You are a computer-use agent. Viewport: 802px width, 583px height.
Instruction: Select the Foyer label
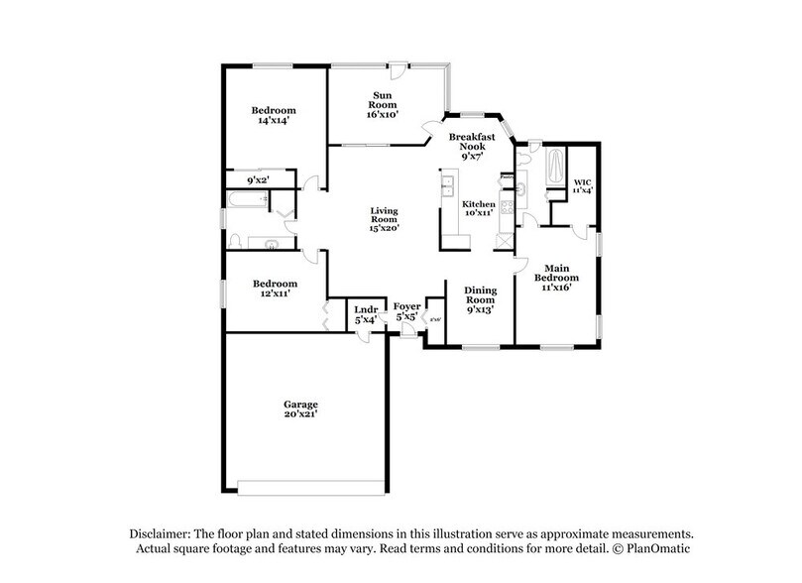click(x=407, y=306)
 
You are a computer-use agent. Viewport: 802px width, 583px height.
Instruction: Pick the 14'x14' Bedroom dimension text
click(x=273, y=120)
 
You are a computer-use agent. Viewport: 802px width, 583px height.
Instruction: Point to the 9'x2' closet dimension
click(x=259, y=180)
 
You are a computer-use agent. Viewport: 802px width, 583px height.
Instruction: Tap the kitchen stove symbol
click(x=508, y=207)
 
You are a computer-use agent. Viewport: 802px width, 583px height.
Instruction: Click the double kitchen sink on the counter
click(x=447, y=184)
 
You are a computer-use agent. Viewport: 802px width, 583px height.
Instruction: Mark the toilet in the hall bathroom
click(x=235, y=240)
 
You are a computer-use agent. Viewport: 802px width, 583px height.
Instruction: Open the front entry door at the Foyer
click(x=405, y=335)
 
